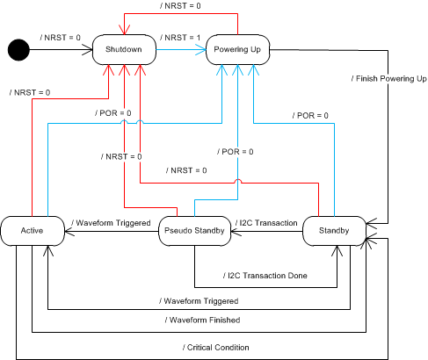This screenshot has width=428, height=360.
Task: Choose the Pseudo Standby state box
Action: pos(194,232)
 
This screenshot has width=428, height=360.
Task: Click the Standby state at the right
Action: pos(334,232)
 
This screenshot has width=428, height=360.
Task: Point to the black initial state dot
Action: pos(18,50)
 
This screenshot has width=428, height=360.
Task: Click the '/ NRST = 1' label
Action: pos(181,39)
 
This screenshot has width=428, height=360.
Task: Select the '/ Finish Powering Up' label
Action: pos(388,79)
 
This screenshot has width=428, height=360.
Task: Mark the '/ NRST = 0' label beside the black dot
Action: pos(62,39)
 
